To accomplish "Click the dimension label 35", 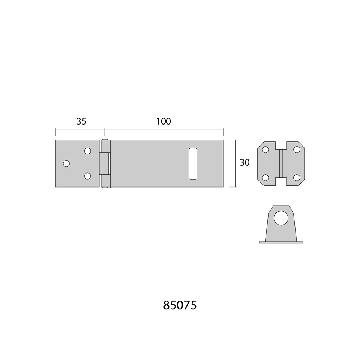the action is coord(81,121).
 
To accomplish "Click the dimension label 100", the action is coord(164,121).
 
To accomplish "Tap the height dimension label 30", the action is coord(245,163).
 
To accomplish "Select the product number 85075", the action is coord(180,305).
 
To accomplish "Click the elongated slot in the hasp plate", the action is coord(193,163).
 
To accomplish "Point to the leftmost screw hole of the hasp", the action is coord(66,163).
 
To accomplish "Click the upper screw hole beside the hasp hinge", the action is coord(87,151).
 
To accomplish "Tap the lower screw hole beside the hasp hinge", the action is coord(87,176).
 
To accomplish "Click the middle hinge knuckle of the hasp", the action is coord(104,163).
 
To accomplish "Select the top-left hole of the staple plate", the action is coord(265,150).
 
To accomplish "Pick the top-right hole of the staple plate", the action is coord(297,150).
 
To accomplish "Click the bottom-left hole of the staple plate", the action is coord(265,178).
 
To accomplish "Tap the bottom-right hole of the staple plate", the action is coord(297,178).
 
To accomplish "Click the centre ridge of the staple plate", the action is coord(281,163).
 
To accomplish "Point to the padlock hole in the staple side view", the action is coord(281,218).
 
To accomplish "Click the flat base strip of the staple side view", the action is coord(281,242).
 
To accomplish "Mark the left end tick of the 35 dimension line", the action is coord(55,132).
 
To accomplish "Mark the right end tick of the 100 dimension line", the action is coord(223,132).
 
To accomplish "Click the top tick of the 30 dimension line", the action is coord(233,140).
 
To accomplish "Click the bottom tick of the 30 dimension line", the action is coord(233,187).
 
